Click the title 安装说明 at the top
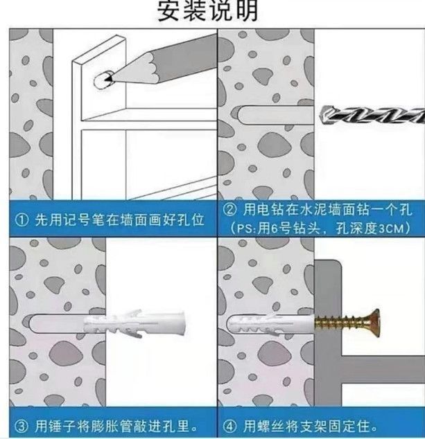[207, 10]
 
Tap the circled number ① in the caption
[21, 220]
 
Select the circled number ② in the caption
[230, 210]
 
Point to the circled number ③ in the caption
[21, 427]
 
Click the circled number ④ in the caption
[230, 427]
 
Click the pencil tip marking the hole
[108, 79]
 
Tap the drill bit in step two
[372, 114]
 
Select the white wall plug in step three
[135, 323]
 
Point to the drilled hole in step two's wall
[276, 115]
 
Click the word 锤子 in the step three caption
[62, 427]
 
